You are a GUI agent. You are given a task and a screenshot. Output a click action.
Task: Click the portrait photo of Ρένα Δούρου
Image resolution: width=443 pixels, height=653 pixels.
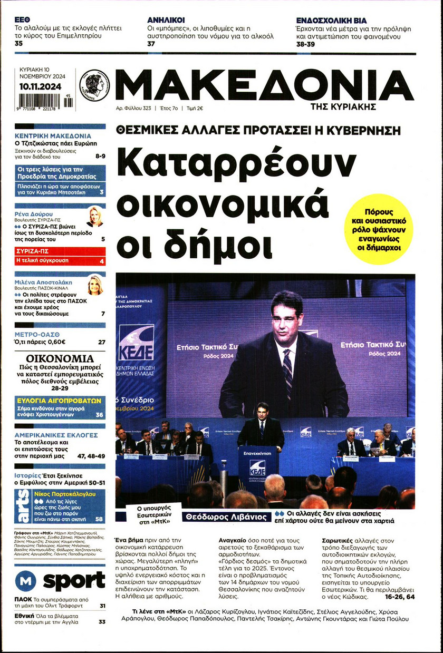tap(95, 216)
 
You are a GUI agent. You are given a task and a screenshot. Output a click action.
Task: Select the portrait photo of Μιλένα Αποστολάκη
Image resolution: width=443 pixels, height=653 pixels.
tap(95, 285)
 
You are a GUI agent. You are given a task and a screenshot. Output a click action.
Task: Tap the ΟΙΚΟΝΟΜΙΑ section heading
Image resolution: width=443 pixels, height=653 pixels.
tap(60, 359)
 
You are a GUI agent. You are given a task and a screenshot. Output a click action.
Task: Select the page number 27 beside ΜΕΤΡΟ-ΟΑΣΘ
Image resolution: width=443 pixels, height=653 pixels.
tap(101, 342)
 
